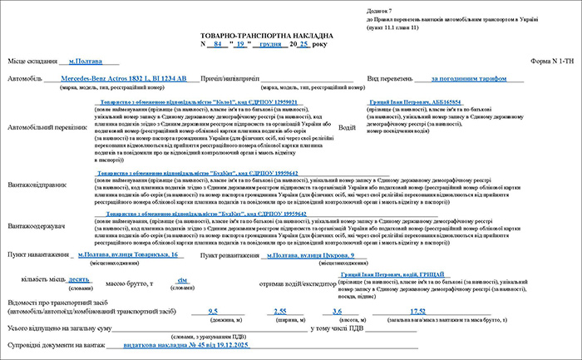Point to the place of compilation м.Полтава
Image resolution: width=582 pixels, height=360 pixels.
pos(84,61)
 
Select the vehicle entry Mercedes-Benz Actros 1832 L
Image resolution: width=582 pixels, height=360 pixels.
pos(125,78)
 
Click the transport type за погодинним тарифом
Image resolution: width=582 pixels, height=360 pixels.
pos(470,79)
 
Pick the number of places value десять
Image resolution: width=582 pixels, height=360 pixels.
pos(80,280)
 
